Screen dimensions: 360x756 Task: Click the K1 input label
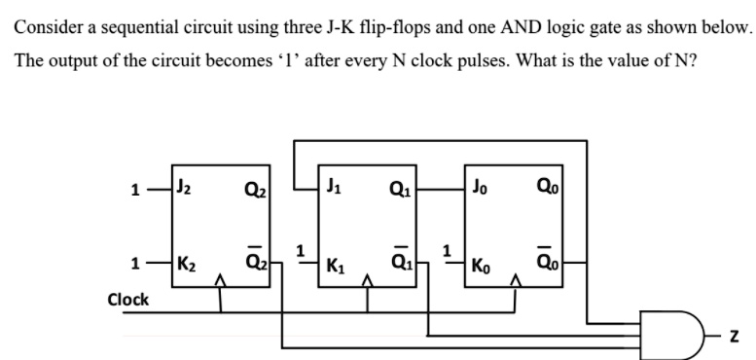coord(336,265)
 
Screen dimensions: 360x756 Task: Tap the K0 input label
coord(484,265)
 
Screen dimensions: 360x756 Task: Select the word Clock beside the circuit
coord(127,299)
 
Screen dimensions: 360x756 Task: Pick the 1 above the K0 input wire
coord(449,248)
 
